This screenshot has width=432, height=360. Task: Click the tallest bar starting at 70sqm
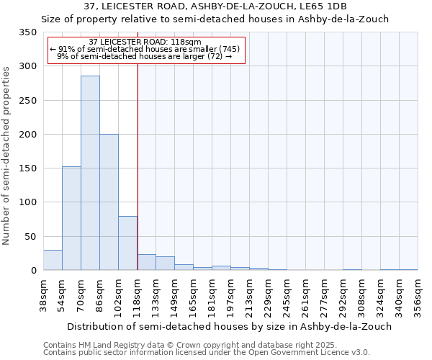(90, 173)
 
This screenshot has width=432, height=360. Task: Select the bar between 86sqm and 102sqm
(109, 202)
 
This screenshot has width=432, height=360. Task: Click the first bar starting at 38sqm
(53, 260)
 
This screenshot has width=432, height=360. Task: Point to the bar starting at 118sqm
(146, 262)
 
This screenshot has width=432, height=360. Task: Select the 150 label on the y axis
(28, 168)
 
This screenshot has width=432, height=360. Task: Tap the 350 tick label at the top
(28, 32)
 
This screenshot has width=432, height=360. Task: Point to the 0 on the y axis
(33, 271)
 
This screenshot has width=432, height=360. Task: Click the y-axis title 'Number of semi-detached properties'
(6, 155)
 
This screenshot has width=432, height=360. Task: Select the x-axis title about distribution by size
(217, 326)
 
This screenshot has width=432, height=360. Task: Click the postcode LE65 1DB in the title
(322, 6)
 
